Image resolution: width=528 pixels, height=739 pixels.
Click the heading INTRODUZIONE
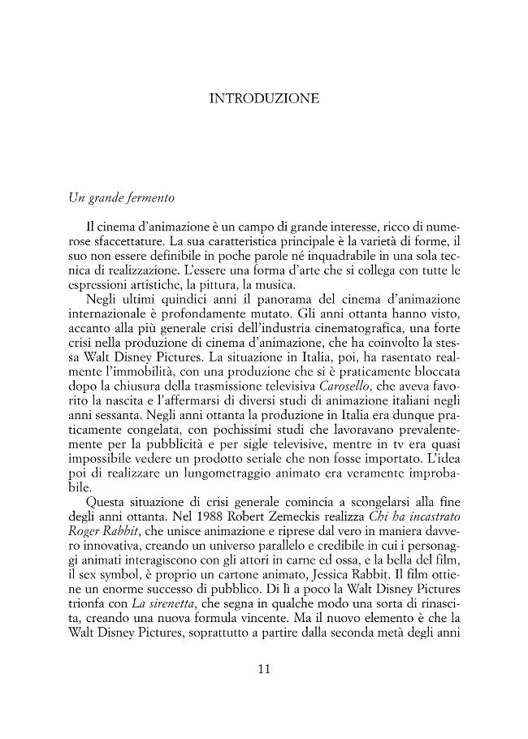point(264,99)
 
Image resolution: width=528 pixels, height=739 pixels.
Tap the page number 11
point(264,669)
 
